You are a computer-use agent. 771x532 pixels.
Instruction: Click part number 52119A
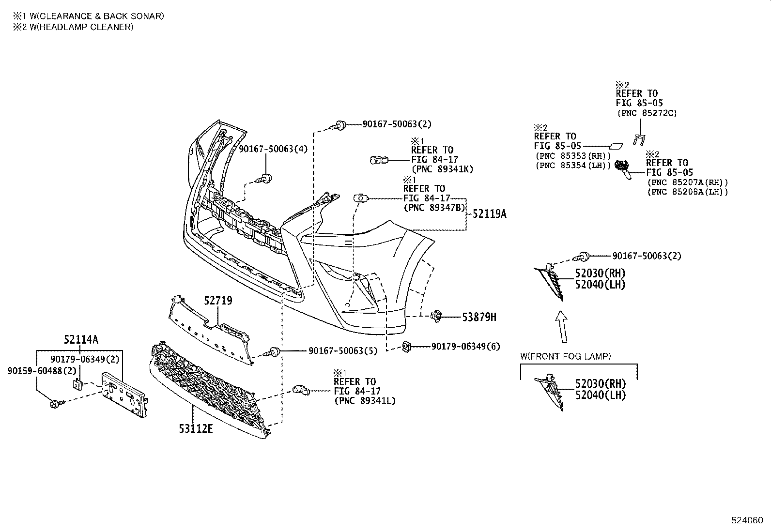tap(489, 213)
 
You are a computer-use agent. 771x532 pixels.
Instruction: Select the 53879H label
tap(479, 317)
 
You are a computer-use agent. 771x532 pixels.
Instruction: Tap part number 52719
tap(218, 301)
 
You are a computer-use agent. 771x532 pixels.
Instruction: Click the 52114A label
tap(81, 340)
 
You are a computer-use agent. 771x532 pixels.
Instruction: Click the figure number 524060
tap(747, 520)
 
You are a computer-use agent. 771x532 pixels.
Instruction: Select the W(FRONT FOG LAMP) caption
tap(565, 356)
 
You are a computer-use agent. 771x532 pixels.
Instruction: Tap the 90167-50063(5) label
tap(342, 350)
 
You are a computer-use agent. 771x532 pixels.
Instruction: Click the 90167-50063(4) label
tap(273, 149)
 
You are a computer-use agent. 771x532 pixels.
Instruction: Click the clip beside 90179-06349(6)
tap(407, 346)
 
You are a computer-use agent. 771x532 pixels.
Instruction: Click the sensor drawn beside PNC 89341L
tap(301, 389)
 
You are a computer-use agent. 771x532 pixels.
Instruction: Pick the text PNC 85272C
tap(647, 113)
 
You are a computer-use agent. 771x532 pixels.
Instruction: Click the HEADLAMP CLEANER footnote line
tap(73, 27)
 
